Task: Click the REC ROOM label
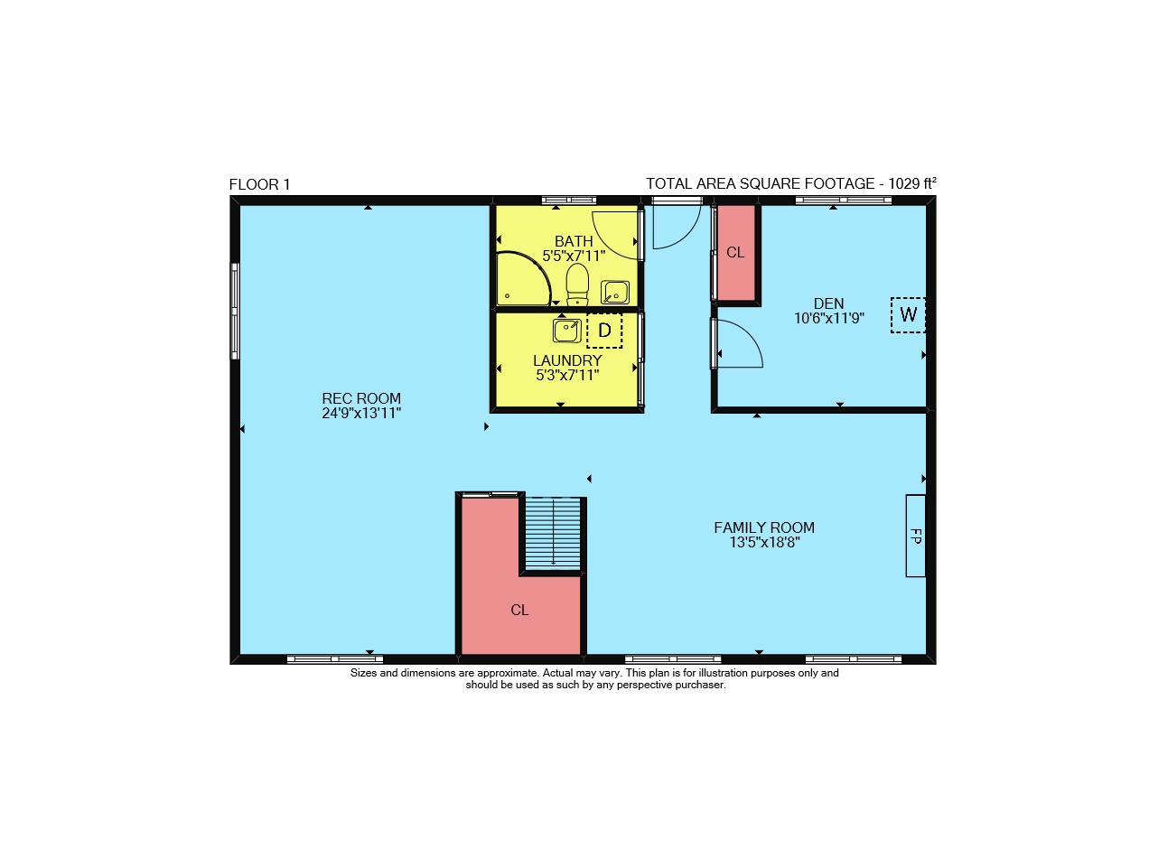coord(360,398)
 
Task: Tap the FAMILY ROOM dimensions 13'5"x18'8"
coord(763,542)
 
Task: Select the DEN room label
coord(828,303)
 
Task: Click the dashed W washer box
coord(908,314)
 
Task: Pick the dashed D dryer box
coord(604,331)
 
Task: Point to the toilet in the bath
coord(577,284)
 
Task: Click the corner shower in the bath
coord(523,278)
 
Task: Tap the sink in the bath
coord(614,292)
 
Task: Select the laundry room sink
coord(566,331)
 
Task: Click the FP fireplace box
coord(915,536)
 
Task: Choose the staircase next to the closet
coord(552,533)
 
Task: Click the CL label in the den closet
coord(735,253)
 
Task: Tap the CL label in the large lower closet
coord(519,610)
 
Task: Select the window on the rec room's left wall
coord(235,311)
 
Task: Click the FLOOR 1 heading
coord(259,184)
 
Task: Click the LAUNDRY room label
coord(567,360)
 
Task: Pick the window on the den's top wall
coord(843,200)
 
